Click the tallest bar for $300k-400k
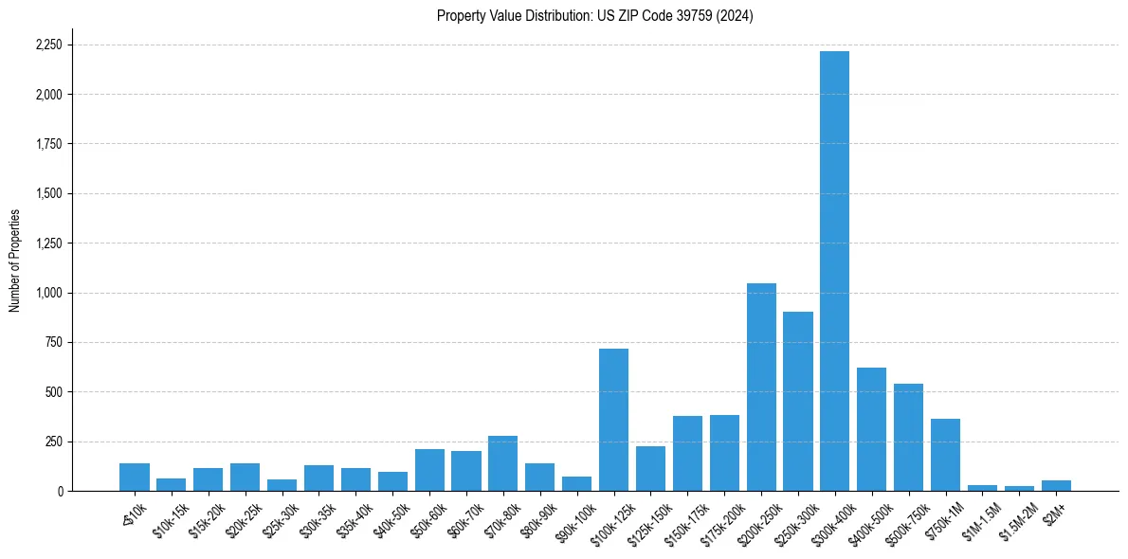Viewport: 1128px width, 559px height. (834, 271)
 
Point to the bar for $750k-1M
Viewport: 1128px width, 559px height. (945, 455)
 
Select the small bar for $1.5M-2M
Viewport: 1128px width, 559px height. (1019, 488)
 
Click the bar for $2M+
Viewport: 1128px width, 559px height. (1056, 485)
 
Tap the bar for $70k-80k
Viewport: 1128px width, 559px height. (502, 463)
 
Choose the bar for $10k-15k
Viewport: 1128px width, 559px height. (171, 484)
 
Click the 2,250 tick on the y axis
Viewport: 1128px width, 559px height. (48, 45)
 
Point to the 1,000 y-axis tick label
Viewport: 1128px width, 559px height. (48, 293)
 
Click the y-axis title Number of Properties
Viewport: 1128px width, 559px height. (15, 261)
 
